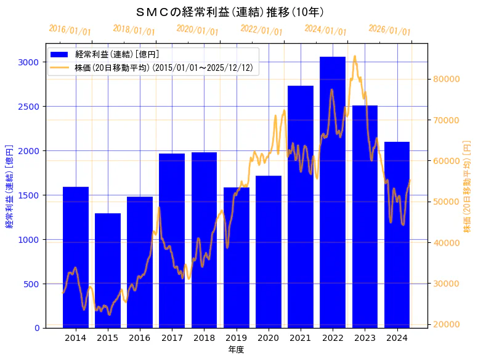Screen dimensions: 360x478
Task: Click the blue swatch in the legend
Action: coord(62,55)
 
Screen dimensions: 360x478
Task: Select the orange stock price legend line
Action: coord(62,67)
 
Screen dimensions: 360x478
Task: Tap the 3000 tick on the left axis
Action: coord(28,62)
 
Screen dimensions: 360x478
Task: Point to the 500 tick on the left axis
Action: coord(31,284)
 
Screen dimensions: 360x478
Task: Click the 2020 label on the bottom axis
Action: coord(269,338)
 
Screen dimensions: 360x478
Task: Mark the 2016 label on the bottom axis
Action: coord(140,338)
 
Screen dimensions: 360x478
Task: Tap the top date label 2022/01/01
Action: coord(261,30)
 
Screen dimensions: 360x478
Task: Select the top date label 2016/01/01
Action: coord(70,30)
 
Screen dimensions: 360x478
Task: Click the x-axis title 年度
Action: coord(236,350)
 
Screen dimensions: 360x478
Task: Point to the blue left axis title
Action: coord(9,186)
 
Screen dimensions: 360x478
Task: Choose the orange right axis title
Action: coord(466,186)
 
